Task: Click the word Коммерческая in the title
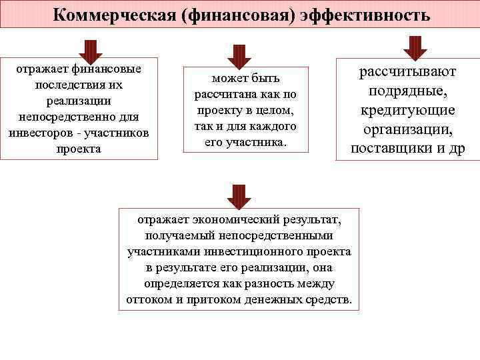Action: [x=106, y=14]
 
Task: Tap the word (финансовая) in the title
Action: [x=230, y=14]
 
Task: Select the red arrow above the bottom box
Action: [x=239, y=196]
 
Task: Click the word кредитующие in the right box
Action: [x=408, y=110]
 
